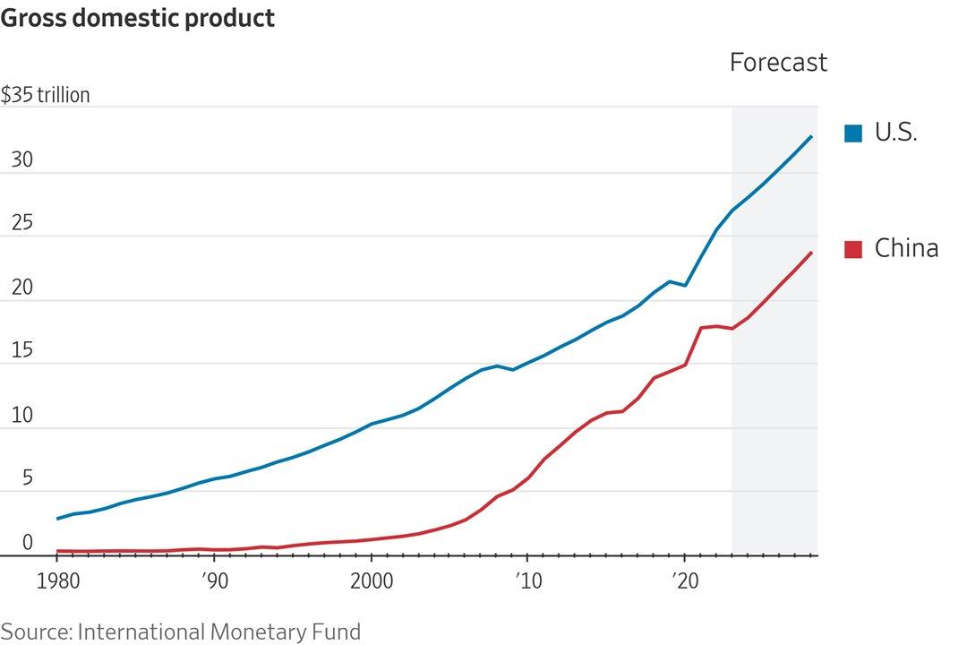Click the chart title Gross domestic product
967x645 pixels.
tap(138, 18)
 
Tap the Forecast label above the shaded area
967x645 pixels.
tap(778, 63)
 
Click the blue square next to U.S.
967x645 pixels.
tap(853, 133)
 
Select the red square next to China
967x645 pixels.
tap(853, 249)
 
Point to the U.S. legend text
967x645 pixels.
tap(895, 133)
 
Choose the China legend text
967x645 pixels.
tap(906, 248)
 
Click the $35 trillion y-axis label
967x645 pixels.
tap(46, 95)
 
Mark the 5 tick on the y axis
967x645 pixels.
tap(27, 478)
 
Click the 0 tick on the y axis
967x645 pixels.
tap(27, 542)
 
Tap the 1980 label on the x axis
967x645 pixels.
tap(56, 579)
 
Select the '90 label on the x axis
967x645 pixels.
tap(213, 579)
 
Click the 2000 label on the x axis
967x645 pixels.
tap(371, 579)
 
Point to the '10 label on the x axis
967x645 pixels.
tap(527, 579)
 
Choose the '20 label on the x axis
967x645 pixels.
tap(684, 579)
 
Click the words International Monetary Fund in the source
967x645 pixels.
tap(219, 632)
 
